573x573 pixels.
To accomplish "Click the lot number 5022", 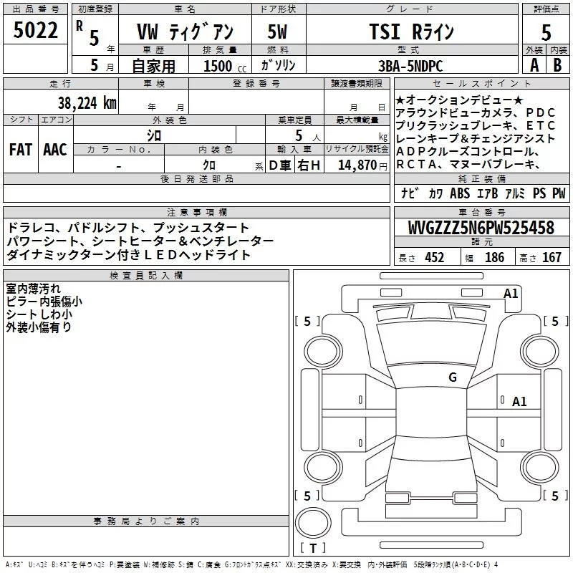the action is click(35, 30).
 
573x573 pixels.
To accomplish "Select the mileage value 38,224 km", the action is click(87, 103).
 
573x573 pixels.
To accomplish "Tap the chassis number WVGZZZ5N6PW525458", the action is click(481, 228).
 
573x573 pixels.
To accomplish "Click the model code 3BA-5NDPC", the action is click(410, 66).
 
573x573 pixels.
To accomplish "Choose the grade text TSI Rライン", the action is click(411, 32).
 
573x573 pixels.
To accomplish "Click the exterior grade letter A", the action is click(534, 65).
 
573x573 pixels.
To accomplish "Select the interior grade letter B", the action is click(557, 65).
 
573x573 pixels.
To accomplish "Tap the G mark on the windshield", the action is click(453, 377).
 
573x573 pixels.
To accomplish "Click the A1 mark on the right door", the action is click(519, 402).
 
